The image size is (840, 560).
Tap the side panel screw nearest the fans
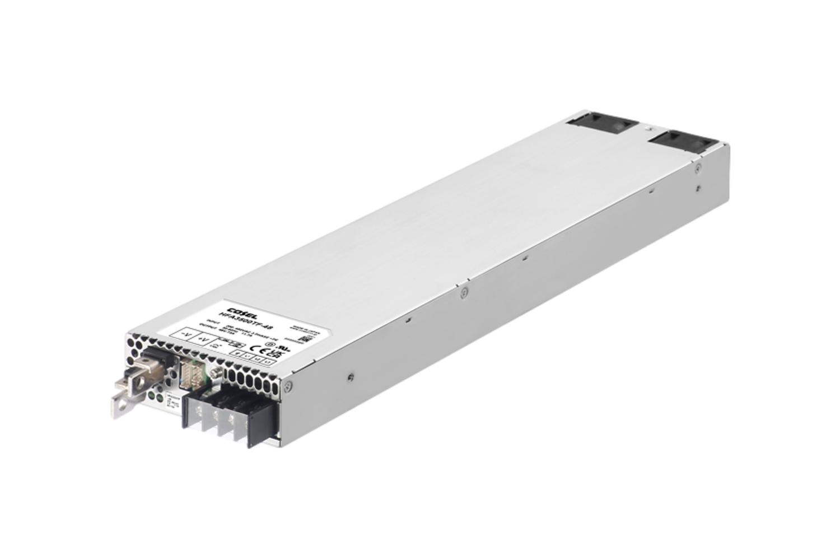(x=697, y=166)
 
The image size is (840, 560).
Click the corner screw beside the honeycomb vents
(x=288, y=385)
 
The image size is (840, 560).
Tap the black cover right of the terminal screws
(x=262, y=423)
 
